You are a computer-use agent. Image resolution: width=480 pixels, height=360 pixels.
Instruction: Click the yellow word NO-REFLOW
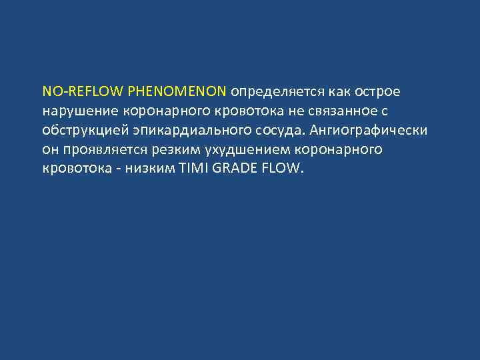(x=67, y=90)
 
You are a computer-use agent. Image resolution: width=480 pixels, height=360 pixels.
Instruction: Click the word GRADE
(x=236, y=168)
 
